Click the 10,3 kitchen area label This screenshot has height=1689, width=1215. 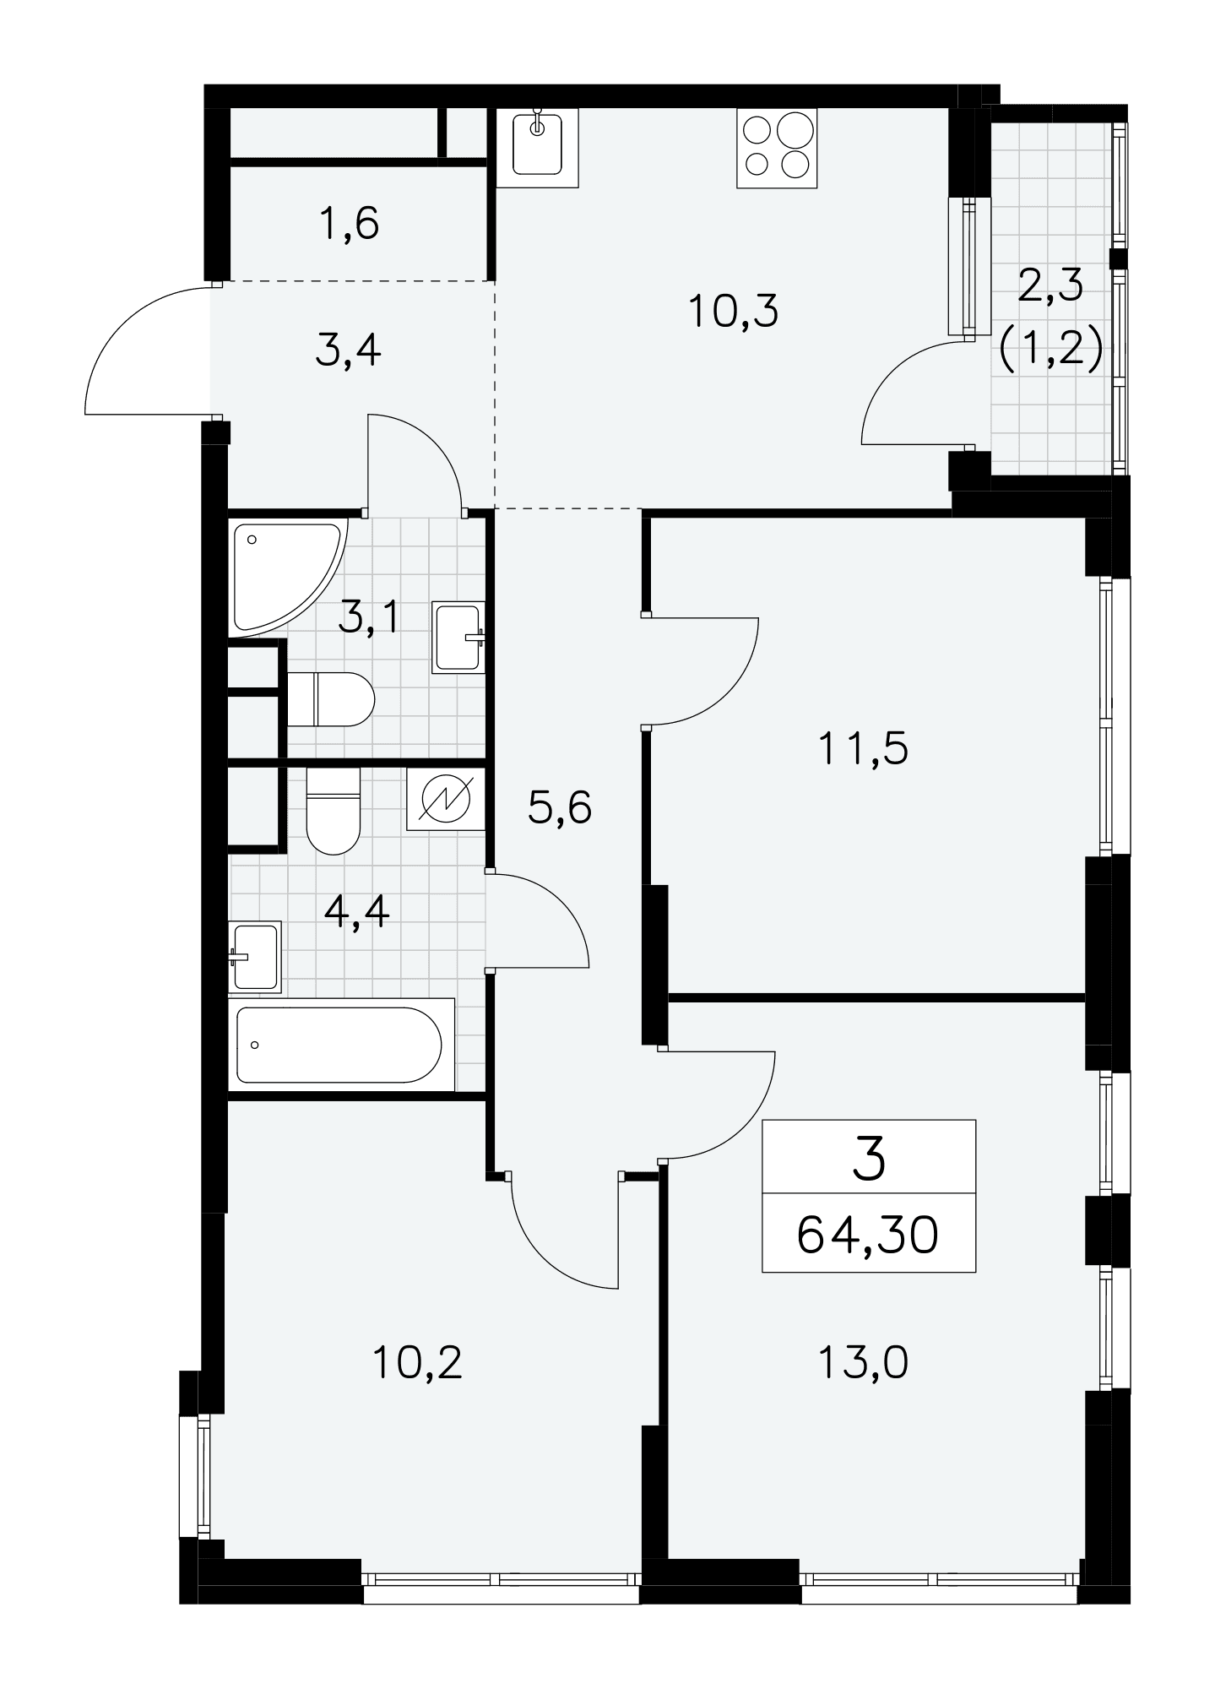point(733,312)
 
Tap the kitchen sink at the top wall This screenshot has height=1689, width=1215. point(537,147)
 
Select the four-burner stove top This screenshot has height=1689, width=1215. point(778,147)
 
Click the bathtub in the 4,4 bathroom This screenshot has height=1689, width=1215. point(341,1045)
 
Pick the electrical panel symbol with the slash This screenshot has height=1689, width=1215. point(446,799)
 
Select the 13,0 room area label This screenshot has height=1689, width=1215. point(863,1362)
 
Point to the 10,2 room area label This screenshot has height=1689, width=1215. point(419,1362)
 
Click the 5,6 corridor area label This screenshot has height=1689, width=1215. point(560,808)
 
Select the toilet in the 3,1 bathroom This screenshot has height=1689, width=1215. point(331,699)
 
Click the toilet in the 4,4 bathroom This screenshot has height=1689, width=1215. point(334,811)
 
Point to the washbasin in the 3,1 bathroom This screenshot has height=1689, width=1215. point(458,638)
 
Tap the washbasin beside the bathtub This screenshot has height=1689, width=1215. point(255,956)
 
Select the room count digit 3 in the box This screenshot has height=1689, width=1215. point(869,1158)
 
